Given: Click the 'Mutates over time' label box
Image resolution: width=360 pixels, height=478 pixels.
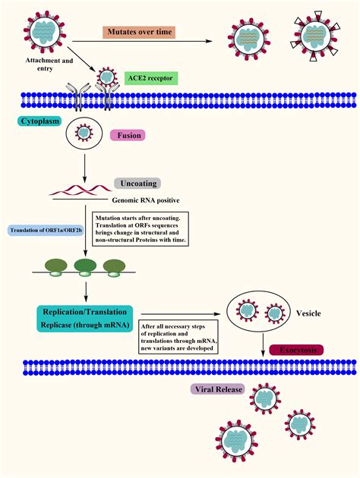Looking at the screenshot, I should coord(139,33).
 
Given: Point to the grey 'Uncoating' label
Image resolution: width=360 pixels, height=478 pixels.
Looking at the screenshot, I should coord(137,183).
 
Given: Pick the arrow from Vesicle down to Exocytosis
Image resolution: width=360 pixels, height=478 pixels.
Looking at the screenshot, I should coord(263,341).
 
